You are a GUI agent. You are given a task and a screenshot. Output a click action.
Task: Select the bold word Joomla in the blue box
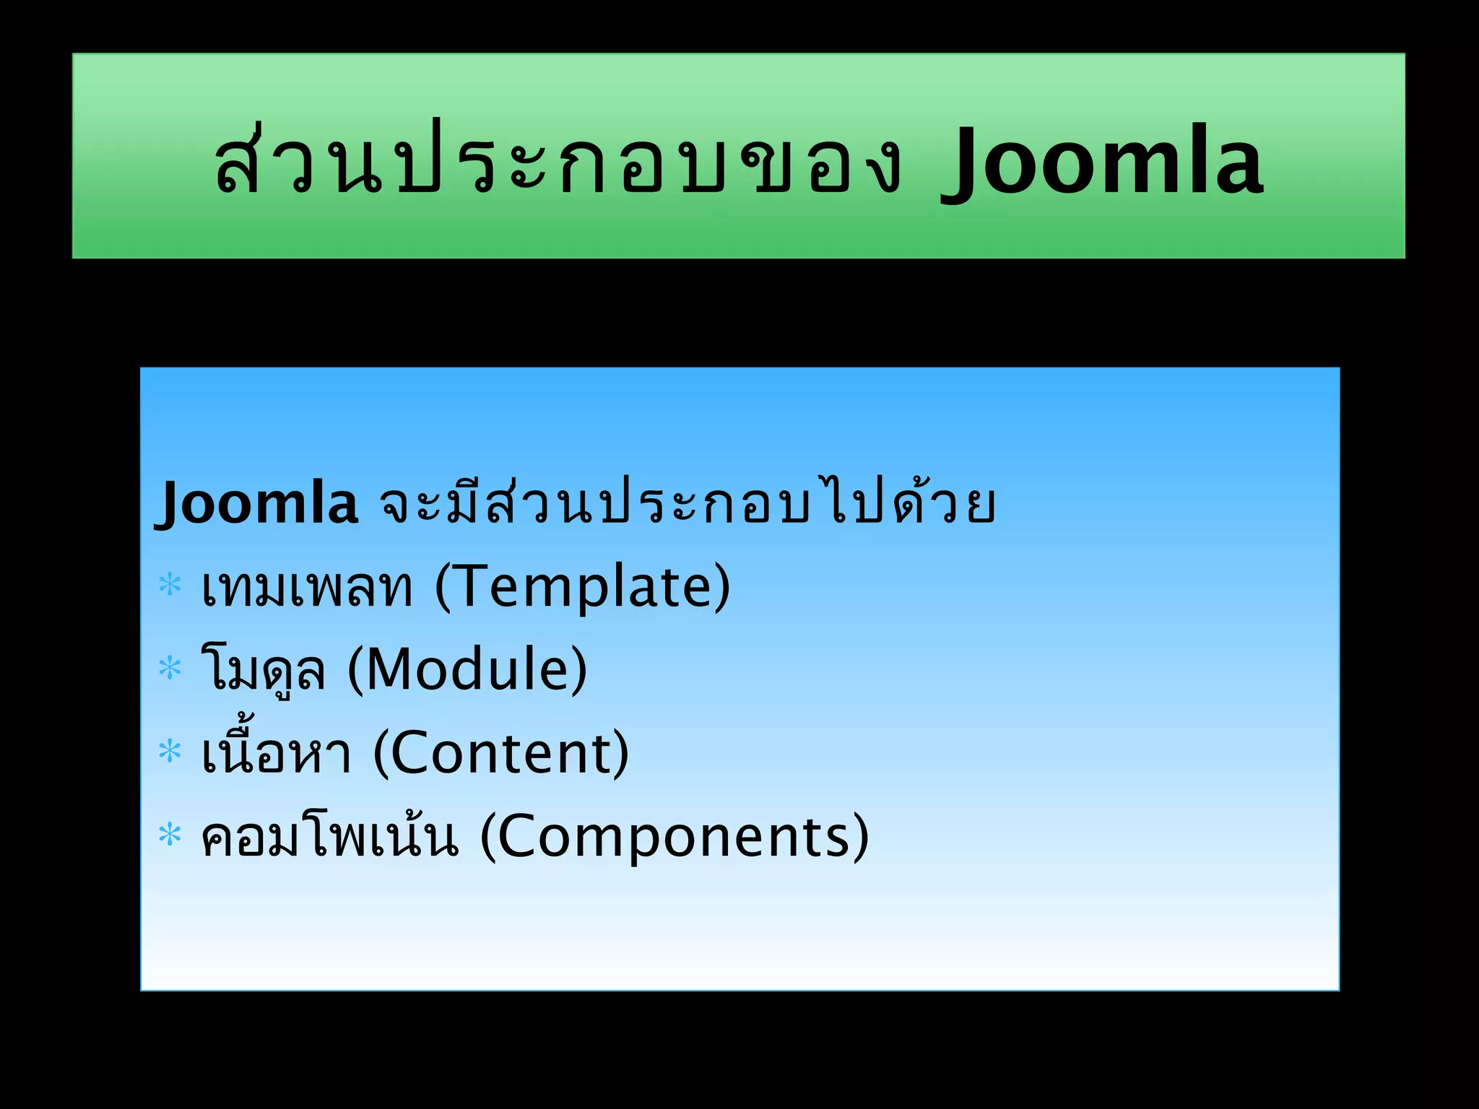(x=256, y=503)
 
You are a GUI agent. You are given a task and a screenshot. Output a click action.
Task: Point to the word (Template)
(x=582, y=586)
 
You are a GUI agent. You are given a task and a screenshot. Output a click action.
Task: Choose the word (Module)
(x=467, y=669)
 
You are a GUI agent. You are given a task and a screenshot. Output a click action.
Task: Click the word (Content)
(x=501, y=753)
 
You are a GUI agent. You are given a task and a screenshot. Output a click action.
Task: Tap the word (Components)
(x=675, y=837)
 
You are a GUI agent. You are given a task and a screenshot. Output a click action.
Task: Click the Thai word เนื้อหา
(x=277, y=752)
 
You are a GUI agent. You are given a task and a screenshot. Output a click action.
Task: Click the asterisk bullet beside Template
(x=170, y=583)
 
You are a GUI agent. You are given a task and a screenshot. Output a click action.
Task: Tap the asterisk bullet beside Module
(x=170, y=667)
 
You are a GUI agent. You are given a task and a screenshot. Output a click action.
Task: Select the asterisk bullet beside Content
(x=170, y=751)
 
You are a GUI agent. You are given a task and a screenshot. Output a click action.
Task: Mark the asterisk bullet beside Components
(x=170, y=835)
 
